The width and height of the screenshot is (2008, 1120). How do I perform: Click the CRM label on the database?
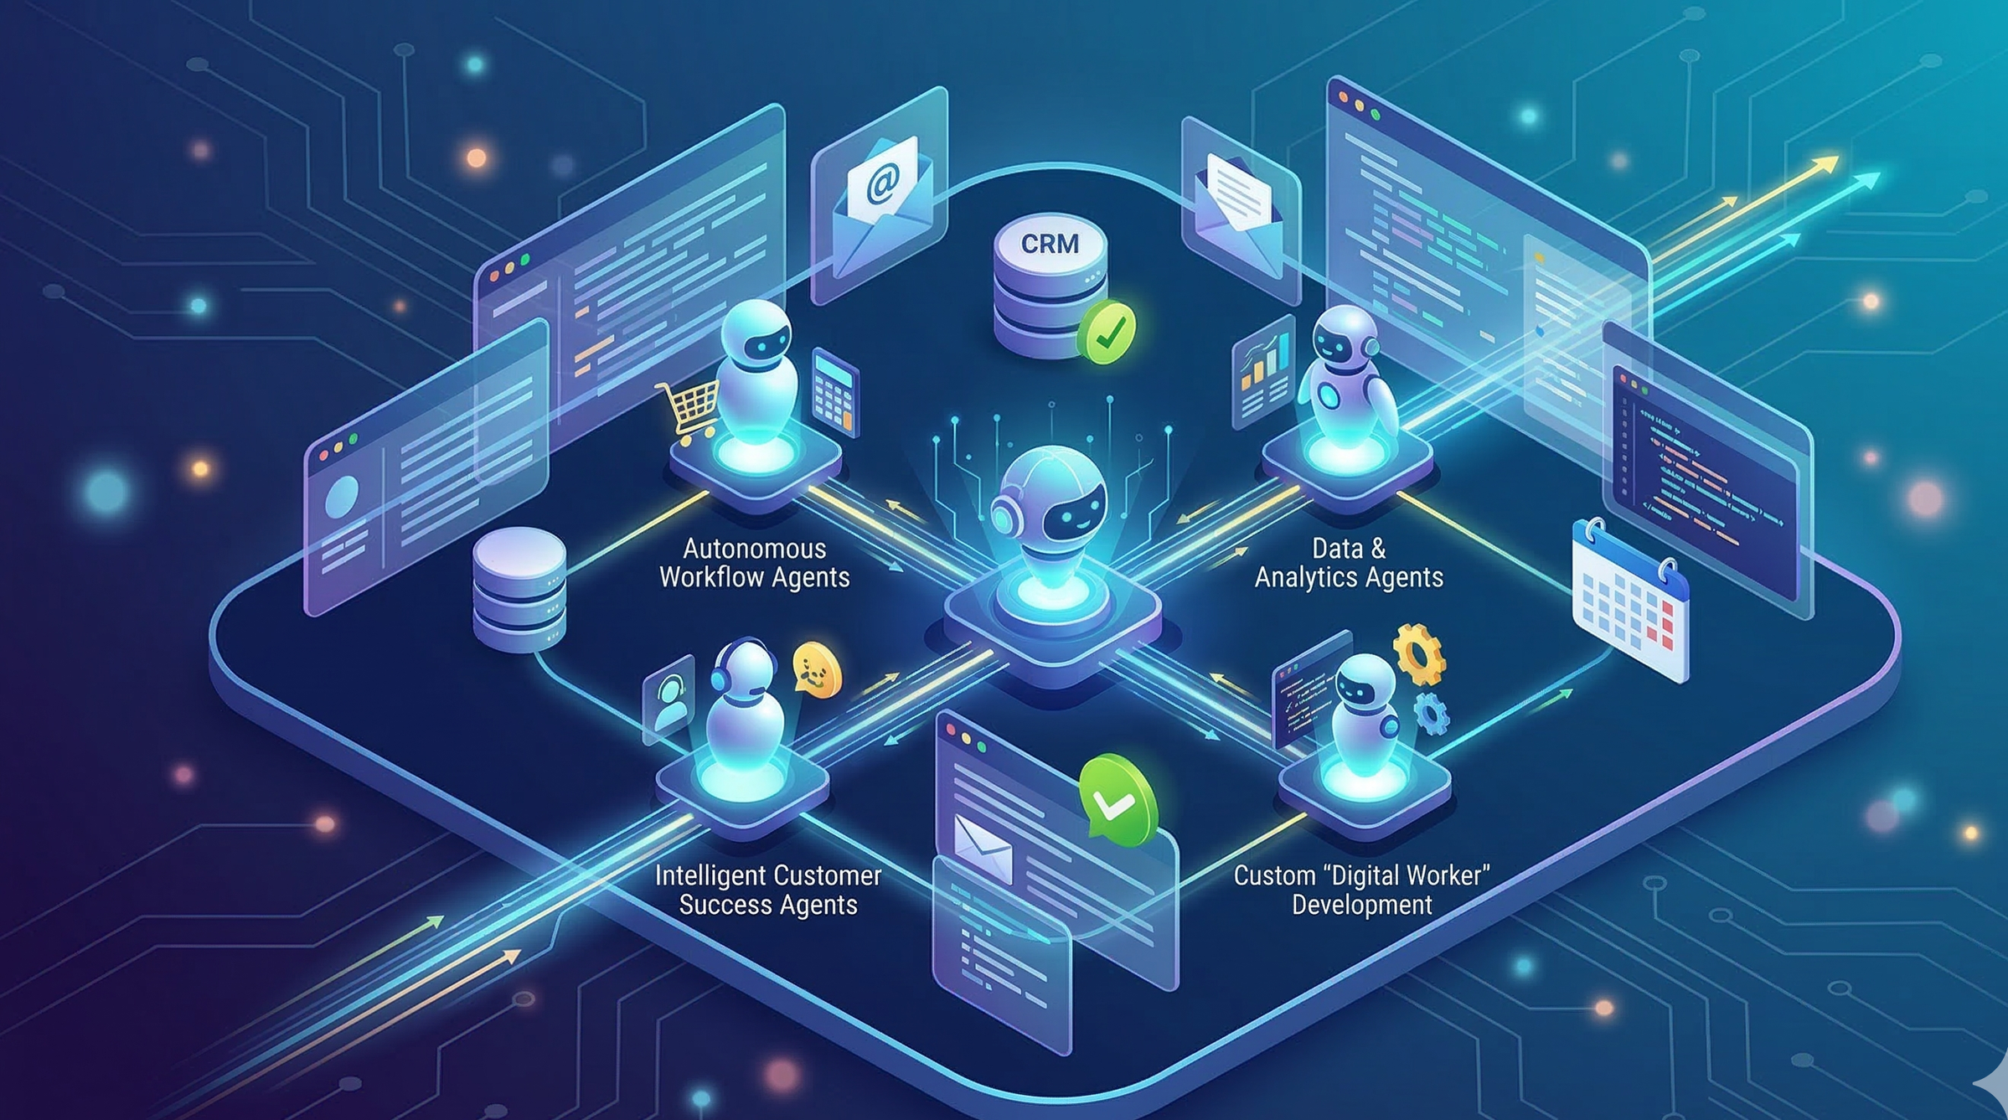[x=1050, y=244]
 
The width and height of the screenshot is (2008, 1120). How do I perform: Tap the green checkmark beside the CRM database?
[x=1107, y=332]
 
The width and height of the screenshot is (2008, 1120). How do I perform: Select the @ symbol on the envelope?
[x=882, y=181]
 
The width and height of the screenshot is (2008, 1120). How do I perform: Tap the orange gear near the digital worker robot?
[x=1418, y=653]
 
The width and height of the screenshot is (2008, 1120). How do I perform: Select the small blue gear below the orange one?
[x=1432, y=713]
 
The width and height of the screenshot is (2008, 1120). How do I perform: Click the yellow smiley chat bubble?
[x=816, y=669]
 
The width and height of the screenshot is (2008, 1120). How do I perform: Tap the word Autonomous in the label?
[x=755, y=549]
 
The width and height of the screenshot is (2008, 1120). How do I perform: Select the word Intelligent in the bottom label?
[x=706, y=876]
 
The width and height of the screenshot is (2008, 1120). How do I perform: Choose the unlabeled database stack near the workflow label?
[x=519, y=587]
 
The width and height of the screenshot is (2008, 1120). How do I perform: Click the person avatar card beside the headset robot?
[x=669, y=699]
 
